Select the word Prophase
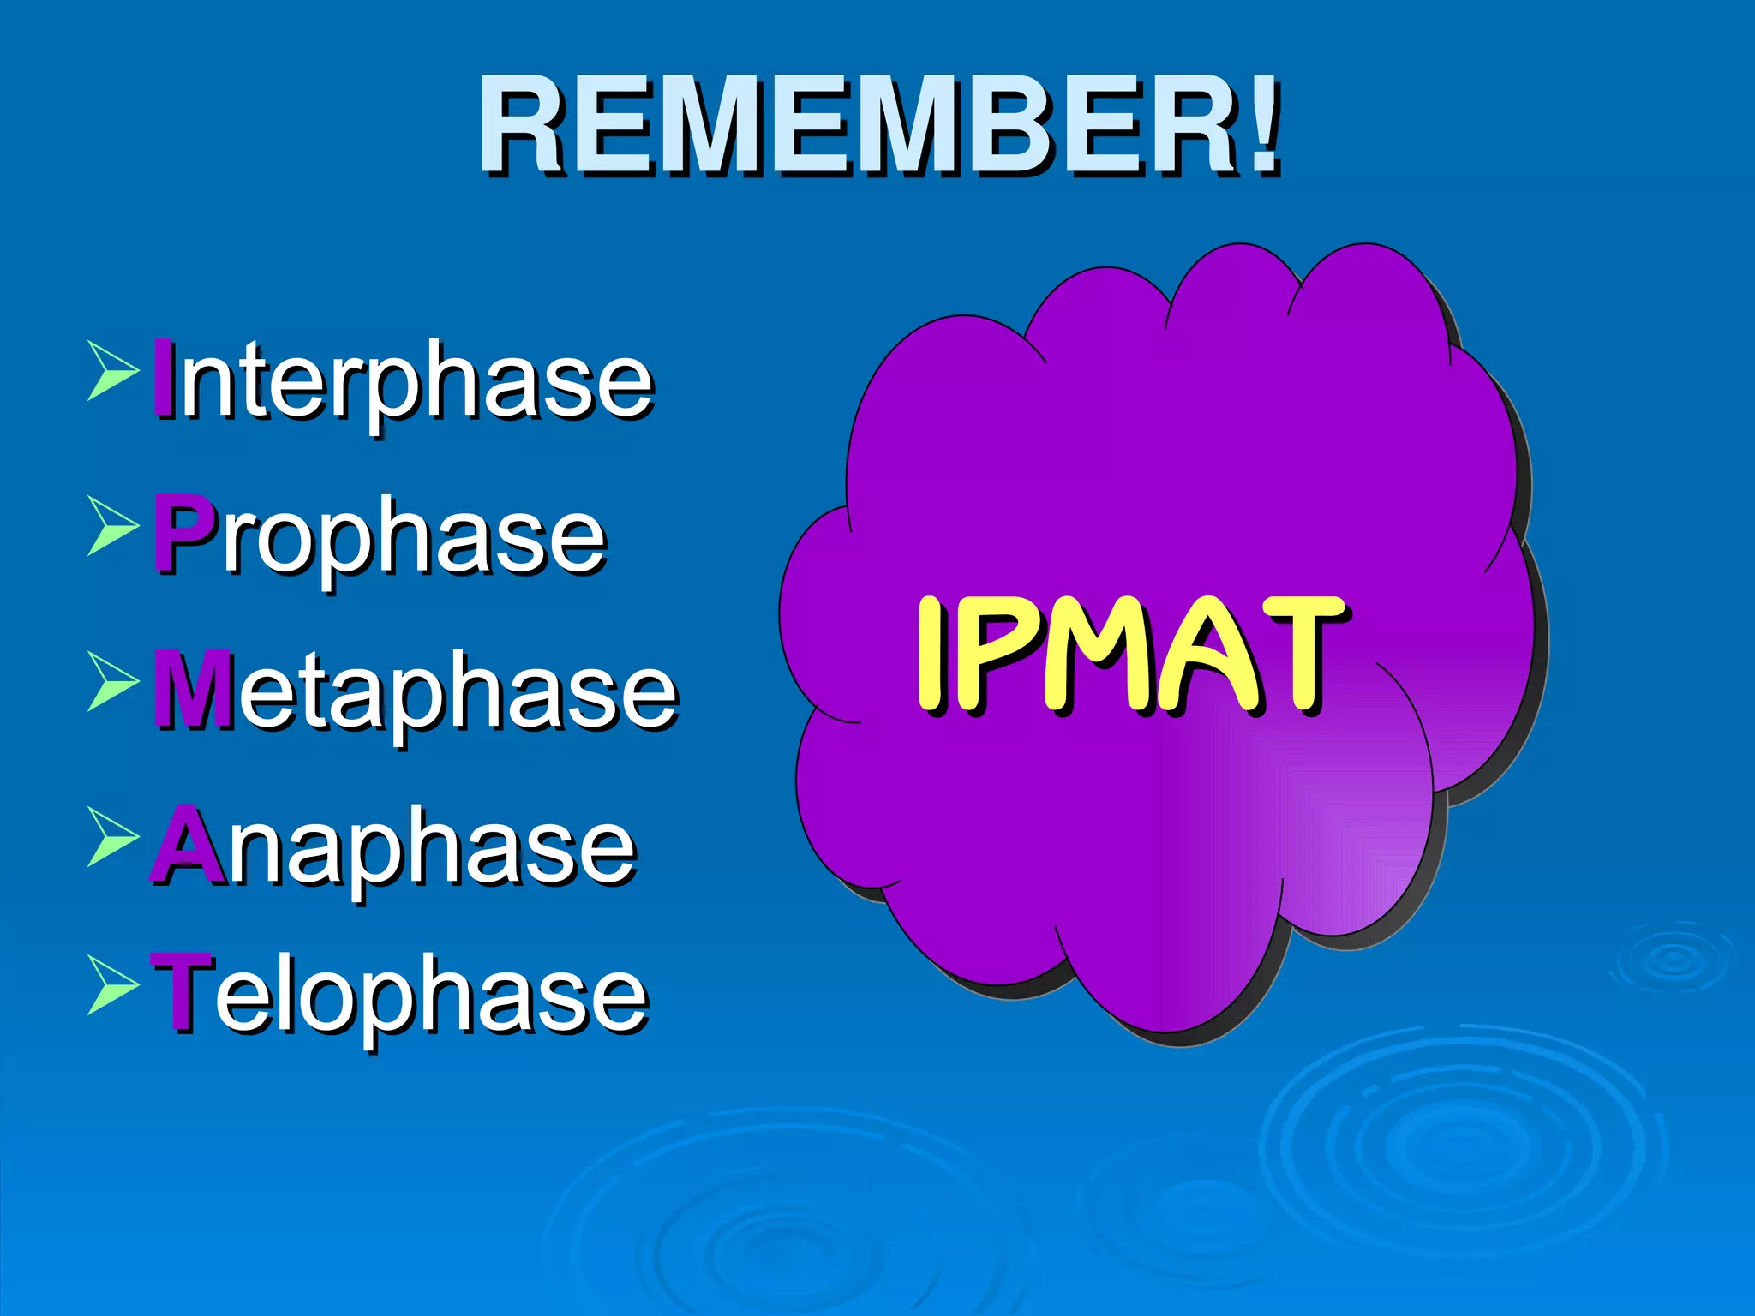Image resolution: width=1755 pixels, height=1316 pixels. [x=380, y=536]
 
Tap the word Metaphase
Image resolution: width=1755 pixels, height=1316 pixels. [x=416, y=691]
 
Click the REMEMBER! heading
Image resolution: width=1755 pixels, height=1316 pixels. [x=879, y=126]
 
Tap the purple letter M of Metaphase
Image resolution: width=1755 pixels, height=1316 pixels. [x=192, y=689]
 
